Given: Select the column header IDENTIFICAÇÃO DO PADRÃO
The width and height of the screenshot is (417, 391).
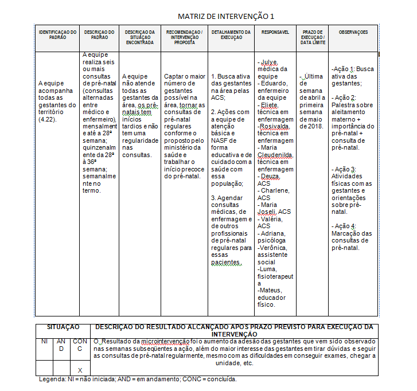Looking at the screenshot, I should [57, 34].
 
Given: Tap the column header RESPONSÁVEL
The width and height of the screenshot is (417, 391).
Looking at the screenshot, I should [275, 32].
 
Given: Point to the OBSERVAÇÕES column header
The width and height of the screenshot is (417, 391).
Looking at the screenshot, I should [353, 32].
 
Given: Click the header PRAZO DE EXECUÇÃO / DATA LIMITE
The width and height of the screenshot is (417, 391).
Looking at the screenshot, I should [313, 37].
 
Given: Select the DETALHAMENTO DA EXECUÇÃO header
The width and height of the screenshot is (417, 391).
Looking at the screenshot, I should [231, 34].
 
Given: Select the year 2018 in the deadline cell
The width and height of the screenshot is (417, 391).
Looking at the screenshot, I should [315, 126].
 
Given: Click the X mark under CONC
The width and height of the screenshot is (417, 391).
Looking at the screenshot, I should [80, 370].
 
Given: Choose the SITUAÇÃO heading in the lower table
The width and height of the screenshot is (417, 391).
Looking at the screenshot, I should [63, 327].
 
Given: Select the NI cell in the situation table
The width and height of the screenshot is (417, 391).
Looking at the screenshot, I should [44, 341].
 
